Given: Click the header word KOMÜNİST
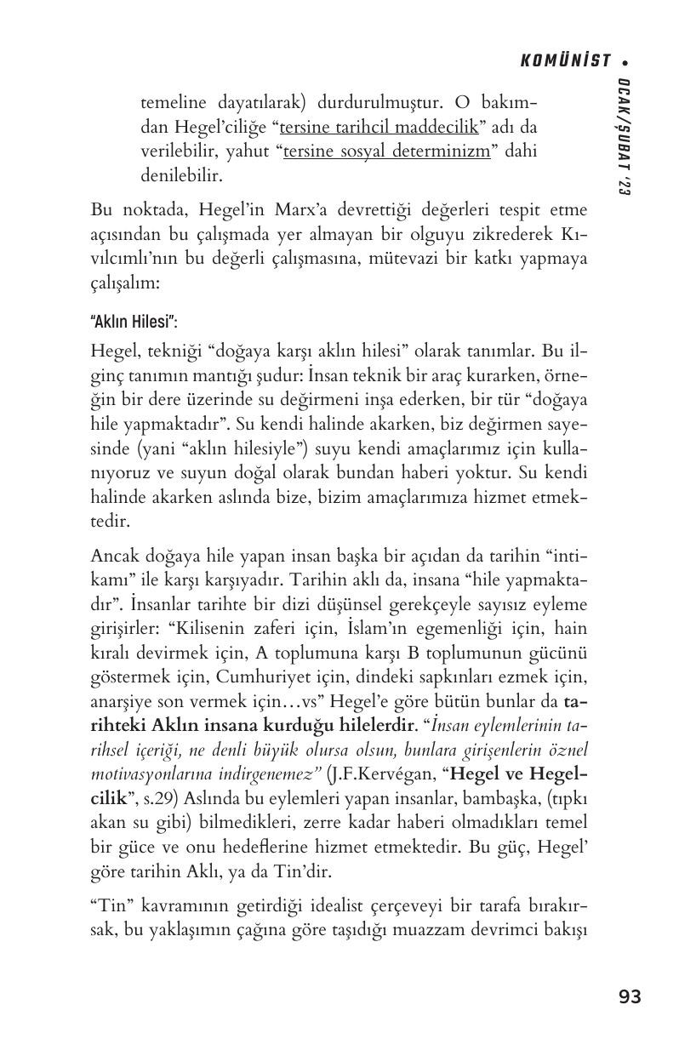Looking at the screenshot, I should [x=565, y=60].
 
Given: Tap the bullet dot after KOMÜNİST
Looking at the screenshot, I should [x=625, y=61].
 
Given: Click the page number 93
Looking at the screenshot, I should [x=630, y=996].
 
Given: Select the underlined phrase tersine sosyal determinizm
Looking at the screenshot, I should [x=386, y=151].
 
